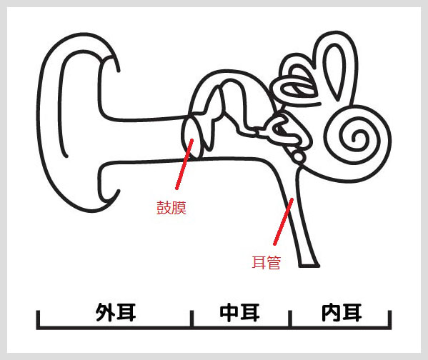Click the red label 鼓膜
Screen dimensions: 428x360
tap(171, 208)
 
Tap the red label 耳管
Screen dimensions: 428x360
tap(266, 263)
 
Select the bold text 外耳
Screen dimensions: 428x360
tap(116, 312)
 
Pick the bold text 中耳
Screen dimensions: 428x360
tap(239, 312)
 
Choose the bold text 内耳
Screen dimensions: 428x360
tap(342, 312)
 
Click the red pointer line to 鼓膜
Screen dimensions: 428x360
tap(184, 164)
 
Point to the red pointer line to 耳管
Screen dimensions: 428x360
tap(283, 221)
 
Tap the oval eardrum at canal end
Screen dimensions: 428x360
tap(193, 136)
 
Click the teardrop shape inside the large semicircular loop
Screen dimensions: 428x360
tap(335, 71)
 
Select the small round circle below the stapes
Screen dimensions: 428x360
tap(299, 156)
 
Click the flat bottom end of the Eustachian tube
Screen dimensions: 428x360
tap(309, 266)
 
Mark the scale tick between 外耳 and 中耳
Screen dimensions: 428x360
tap(192, 319)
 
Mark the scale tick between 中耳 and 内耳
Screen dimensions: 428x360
tap(290, 319)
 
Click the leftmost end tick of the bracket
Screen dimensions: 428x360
tap(38, 319)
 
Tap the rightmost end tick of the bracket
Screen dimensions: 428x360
tap(390, 319)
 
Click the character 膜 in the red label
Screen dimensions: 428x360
tap(179, 208)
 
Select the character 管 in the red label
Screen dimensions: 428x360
tap(274, 263)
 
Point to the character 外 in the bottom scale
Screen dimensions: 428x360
tap(105, 312)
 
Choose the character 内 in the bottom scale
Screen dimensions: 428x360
tap(332, 312)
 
